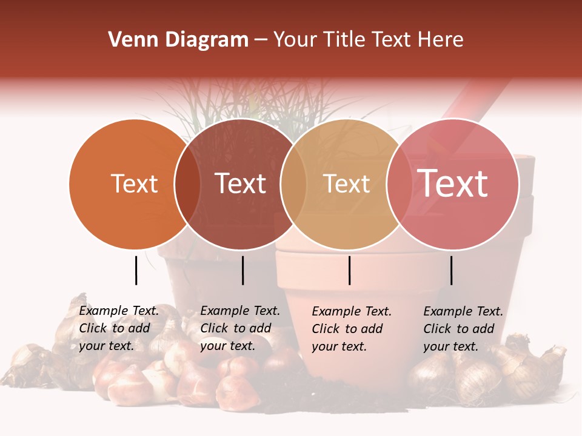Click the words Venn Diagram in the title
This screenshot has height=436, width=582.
pos(178,40)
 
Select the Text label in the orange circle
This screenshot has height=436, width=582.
pos(135,183)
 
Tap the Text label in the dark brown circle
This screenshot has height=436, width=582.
pos(241,183)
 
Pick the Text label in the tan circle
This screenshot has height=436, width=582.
pos(347,183)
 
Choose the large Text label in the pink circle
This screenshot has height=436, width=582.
pos(453,183)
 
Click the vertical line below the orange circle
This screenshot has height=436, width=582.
pos(136,270)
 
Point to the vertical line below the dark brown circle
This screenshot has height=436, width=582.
pos(242,270)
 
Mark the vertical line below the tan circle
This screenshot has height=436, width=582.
pos(349,270)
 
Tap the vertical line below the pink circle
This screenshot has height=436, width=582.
pos(451,270)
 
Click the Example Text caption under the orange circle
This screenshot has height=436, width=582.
pos(119,328)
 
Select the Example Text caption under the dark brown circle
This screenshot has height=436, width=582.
pos(240,328)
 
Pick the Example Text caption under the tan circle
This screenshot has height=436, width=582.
pos(352,329)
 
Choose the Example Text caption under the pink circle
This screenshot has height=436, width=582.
pos(463,329)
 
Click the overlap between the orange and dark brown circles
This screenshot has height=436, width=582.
pos(187,184)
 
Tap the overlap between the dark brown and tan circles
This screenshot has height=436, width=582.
pos(293,184)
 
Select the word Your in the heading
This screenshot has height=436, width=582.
pos(295,40)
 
